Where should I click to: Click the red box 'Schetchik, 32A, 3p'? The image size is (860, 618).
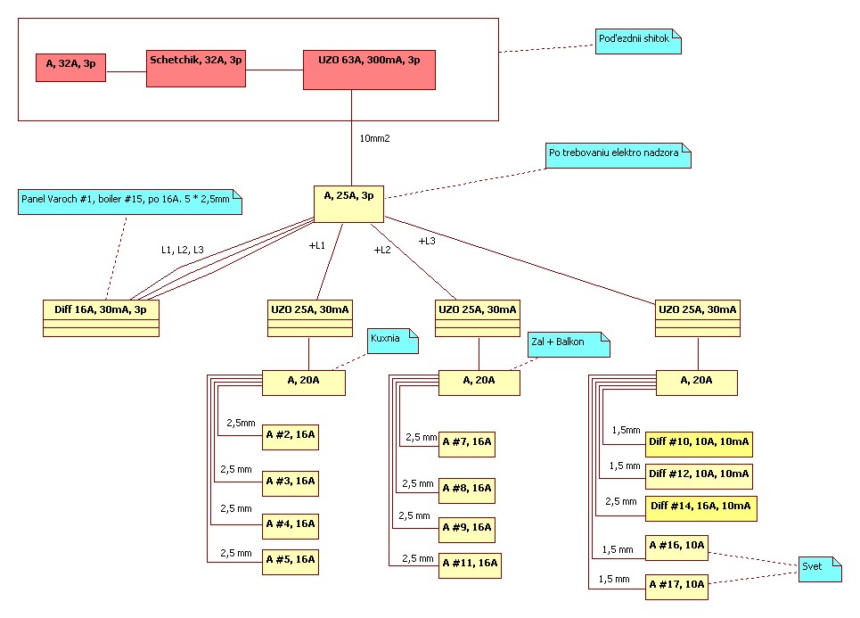[196, 68]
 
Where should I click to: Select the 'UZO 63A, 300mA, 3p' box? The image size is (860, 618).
[369, 70]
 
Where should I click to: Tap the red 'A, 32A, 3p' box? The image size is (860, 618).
[71, 68]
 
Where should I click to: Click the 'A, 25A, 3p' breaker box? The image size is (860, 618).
[348, 203]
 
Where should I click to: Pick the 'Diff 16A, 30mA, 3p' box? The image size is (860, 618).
[101, 318]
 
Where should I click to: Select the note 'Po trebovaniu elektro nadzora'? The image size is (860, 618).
[618, 154]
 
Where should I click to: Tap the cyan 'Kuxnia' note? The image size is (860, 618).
[393, 342]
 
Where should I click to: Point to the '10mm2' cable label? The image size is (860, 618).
[375, 139]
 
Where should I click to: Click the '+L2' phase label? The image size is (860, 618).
[382, 250]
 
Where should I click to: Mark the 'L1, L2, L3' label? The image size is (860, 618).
[182, 250]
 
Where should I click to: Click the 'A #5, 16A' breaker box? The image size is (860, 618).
[291, 562]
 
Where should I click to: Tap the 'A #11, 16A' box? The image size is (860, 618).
[470, 565]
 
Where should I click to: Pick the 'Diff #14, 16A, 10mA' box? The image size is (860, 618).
[702, 507]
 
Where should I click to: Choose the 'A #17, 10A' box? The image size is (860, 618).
[677, 585]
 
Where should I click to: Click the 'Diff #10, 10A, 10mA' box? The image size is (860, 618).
[700, 441]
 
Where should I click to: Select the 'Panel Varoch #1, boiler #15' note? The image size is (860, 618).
[130, 200]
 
